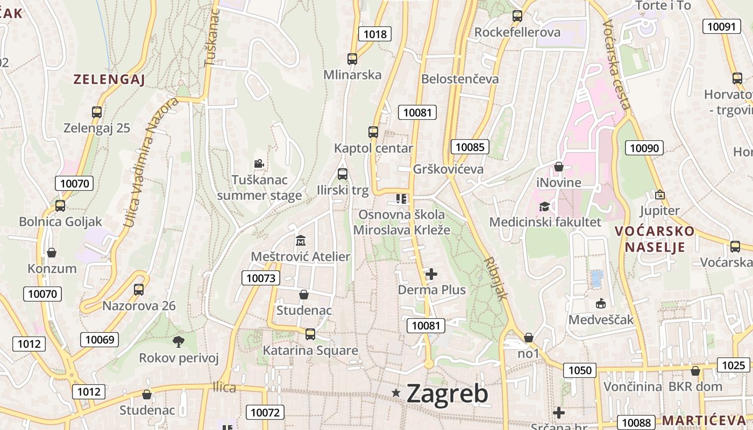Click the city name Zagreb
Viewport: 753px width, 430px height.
click(447, 394)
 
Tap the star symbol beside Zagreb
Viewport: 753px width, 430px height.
click(396, 393)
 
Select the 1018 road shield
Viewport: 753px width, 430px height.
click(375, 34)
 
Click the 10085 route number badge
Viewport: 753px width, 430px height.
click(470, 147)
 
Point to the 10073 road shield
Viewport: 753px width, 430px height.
click(261, 278)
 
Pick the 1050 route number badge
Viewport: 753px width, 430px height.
click(580, 370)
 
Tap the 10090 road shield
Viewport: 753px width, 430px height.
click(645, 148)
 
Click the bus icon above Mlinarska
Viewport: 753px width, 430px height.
click(352, 59)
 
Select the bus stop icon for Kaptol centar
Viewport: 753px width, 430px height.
click(373, 132)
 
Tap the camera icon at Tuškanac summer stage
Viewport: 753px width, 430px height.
click(259, 163)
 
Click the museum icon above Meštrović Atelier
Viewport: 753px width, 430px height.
click(300, 240)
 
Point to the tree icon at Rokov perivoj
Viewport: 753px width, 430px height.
click(178, 341)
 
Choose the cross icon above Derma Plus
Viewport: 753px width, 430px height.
click(431, 275)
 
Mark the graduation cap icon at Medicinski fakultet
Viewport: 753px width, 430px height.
click(545, 206)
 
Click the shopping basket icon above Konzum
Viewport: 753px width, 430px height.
click(52, 253)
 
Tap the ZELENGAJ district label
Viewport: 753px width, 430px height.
click(109, 80)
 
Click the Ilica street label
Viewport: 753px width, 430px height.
click(224, 388)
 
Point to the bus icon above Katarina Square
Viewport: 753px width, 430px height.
click(310, 334)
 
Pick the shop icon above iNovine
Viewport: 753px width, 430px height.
click(559, 167)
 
